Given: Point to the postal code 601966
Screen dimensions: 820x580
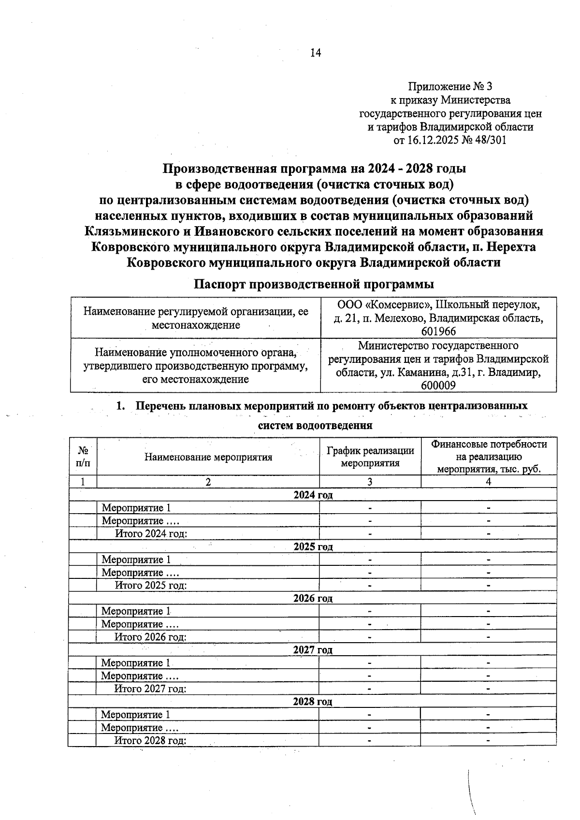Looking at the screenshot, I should tap(438, 331).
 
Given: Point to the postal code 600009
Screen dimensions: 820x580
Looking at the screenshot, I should tap(438, 386).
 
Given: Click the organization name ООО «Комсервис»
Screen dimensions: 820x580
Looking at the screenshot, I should tap(380, 305).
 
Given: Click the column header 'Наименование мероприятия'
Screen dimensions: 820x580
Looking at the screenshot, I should tap(208, 457).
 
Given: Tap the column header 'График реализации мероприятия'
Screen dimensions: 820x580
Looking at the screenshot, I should tap(370, 457).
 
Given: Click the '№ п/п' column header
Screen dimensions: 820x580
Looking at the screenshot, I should tap(83, 457).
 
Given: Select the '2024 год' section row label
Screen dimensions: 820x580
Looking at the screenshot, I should tap(313, 495).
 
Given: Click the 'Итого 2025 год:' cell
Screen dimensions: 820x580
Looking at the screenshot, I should tap(150, 585).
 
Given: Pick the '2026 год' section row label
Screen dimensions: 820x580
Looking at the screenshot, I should tap(313, 598).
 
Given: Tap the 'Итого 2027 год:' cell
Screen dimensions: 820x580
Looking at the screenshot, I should tap(150, 689).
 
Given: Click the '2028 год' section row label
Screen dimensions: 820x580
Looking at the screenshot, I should tap(313, 702).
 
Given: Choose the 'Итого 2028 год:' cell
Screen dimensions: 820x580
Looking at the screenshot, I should tap(150, 741).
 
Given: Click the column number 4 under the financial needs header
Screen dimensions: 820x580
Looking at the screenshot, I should tap(489, 482).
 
